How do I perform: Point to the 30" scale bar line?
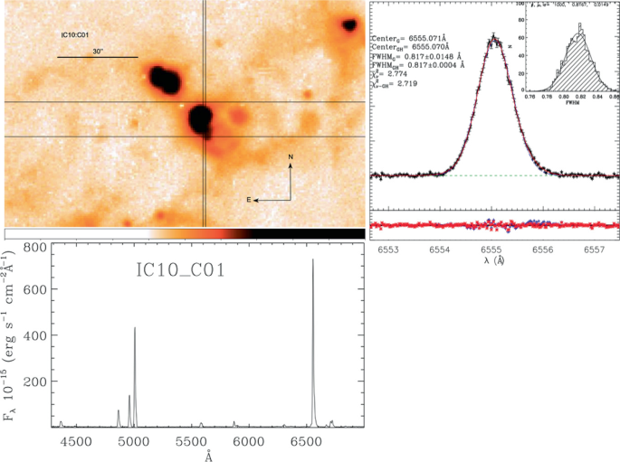[x=98, y=58]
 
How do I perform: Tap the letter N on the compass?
[x=291, y=157]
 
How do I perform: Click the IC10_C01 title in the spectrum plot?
[x=176, y=272]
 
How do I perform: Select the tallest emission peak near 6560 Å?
[x=313, y=260]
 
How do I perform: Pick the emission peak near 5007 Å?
[x=135, y=328]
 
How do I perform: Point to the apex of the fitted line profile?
[x=493, y=39]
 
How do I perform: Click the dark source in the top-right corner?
[x=349, y=24]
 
